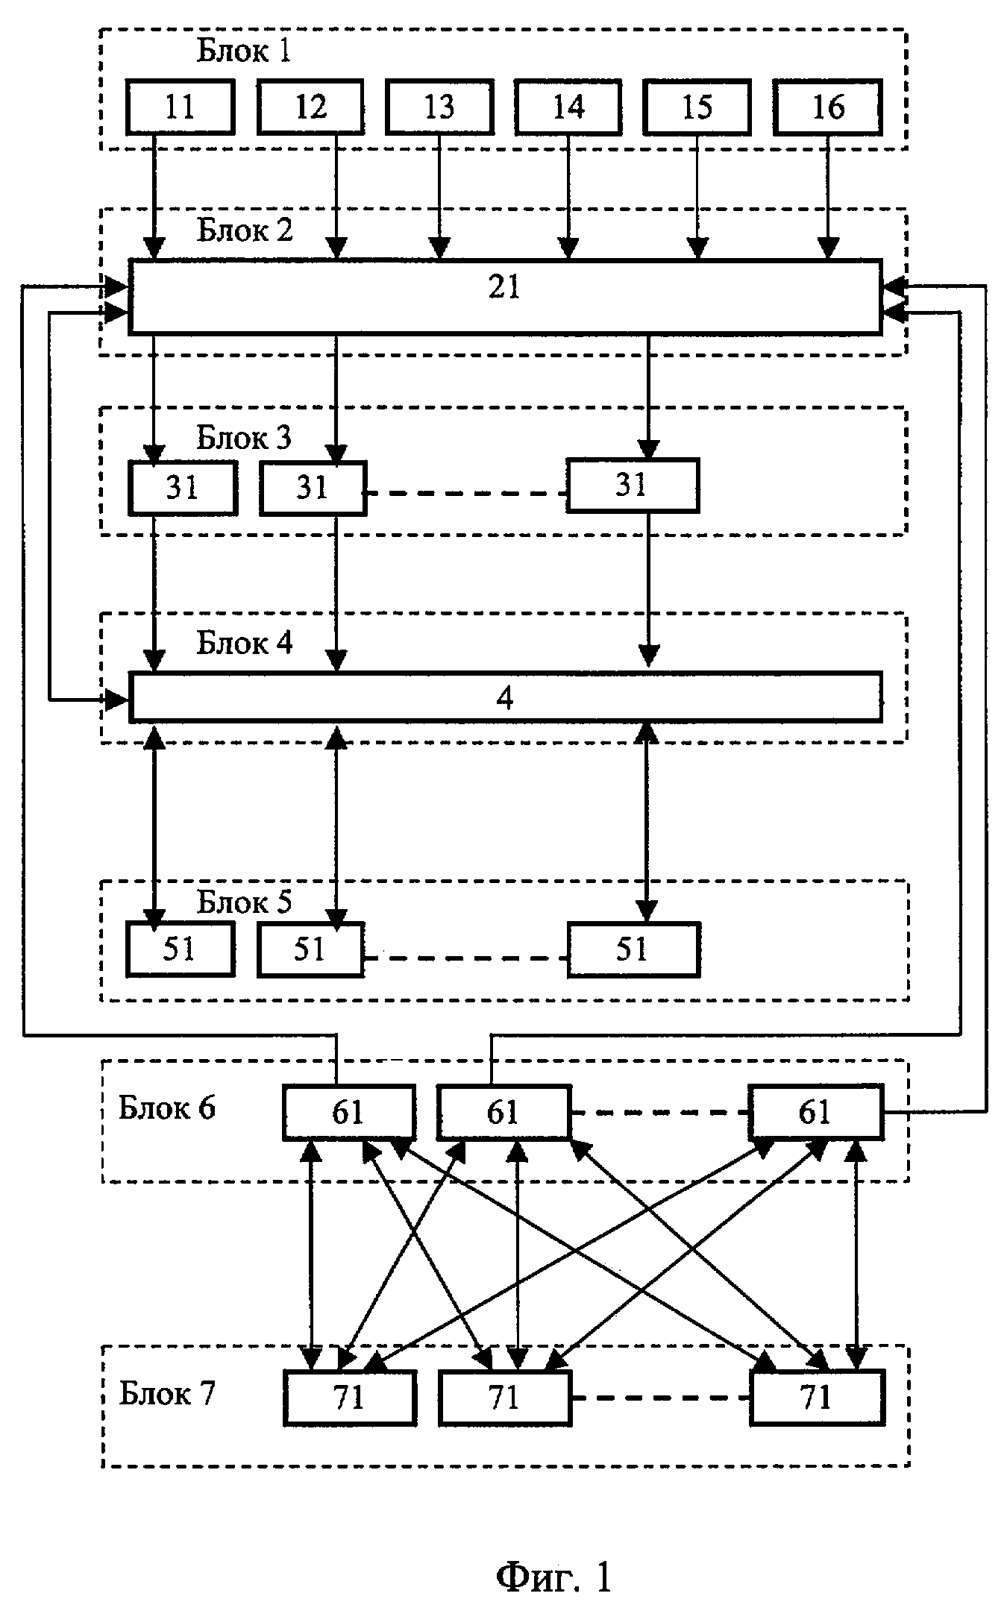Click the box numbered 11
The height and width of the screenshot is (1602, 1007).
[x=180, y=107]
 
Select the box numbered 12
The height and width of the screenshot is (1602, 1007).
[x=310, y=107]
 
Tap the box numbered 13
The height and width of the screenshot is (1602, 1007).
[x=439, y=107]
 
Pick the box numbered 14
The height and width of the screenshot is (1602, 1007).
[x=568, y=107]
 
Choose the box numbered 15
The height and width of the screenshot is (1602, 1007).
[x=697, y=107]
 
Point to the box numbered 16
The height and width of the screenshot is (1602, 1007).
[x=827, y=107]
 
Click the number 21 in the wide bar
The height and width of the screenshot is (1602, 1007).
[x=504, y=288]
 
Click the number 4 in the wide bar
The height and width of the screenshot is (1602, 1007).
[x=505, y=698]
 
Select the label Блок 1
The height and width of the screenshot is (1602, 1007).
[x=243, y=51]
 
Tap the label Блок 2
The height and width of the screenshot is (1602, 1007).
[x=245, y=230]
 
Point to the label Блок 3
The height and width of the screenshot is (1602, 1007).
[x=243, y=438]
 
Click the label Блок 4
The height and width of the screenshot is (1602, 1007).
[x=245, y=643]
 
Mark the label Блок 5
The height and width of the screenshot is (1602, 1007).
[x=244, y=902]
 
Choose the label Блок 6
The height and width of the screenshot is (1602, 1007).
[x=166, y=1108]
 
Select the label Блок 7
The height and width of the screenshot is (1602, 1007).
[x=166, y=1392]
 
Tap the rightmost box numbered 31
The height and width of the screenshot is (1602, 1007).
[x=632, y=486]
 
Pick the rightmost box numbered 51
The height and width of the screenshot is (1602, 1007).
[x=633, y=949]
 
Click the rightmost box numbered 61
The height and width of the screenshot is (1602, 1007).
[x=815, y=1113]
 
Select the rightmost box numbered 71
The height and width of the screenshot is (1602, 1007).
[x=816, y=1397]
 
